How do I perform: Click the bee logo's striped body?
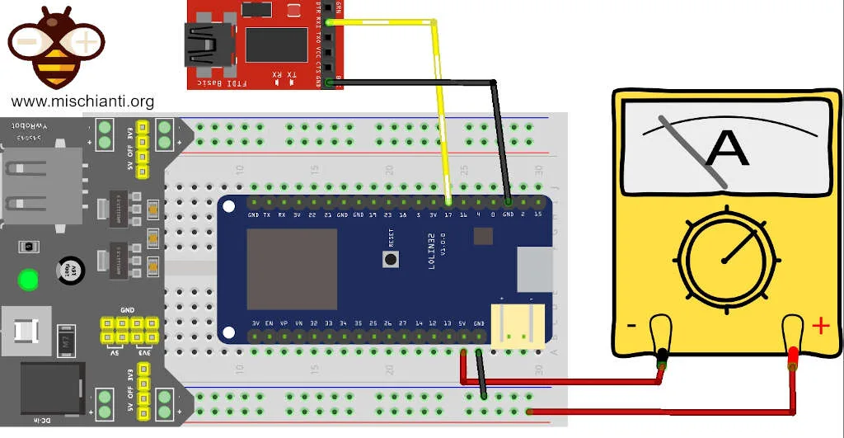(55, 61)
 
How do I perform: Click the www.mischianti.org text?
(82, 101)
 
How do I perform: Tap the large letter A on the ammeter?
(728, 148)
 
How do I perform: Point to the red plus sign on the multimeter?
(820, 325)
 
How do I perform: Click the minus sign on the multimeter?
(631, 325)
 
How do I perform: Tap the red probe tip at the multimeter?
(793, 356)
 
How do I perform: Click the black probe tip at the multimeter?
(661, 357)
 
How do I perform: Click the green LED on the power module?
(29, 280)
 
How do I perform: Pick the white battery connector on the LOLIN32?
(517, 324)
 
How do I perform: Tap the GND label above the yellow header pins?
(127, 309)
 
